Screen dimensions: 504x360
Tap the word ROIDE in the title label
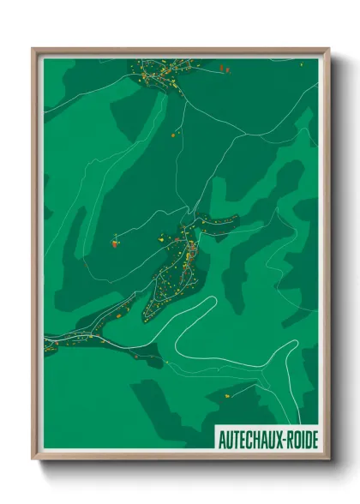pyautogui.click(x=299, y=440)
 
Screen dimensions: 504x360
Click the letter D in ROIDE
pyautogui.click(x=305, y=440)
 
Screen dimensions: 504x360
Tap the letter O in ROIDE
pyautogui.click(x=291, y=440)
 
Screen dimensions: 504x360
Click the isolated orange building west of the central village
pyautogui.click(x=113, y=243)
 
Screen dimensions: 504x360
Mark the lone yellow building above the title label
pyautogui.click(x=228, y=397)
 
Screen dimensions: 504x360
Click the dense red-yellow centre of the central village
pyautogui.click(x=190, y=253)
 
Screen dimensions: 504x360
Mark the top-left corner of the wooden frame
pyautogui.click(x=33, y=48)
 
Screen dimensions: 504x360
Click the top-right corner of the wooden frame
pyautogui.click(x=328, y=48)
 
